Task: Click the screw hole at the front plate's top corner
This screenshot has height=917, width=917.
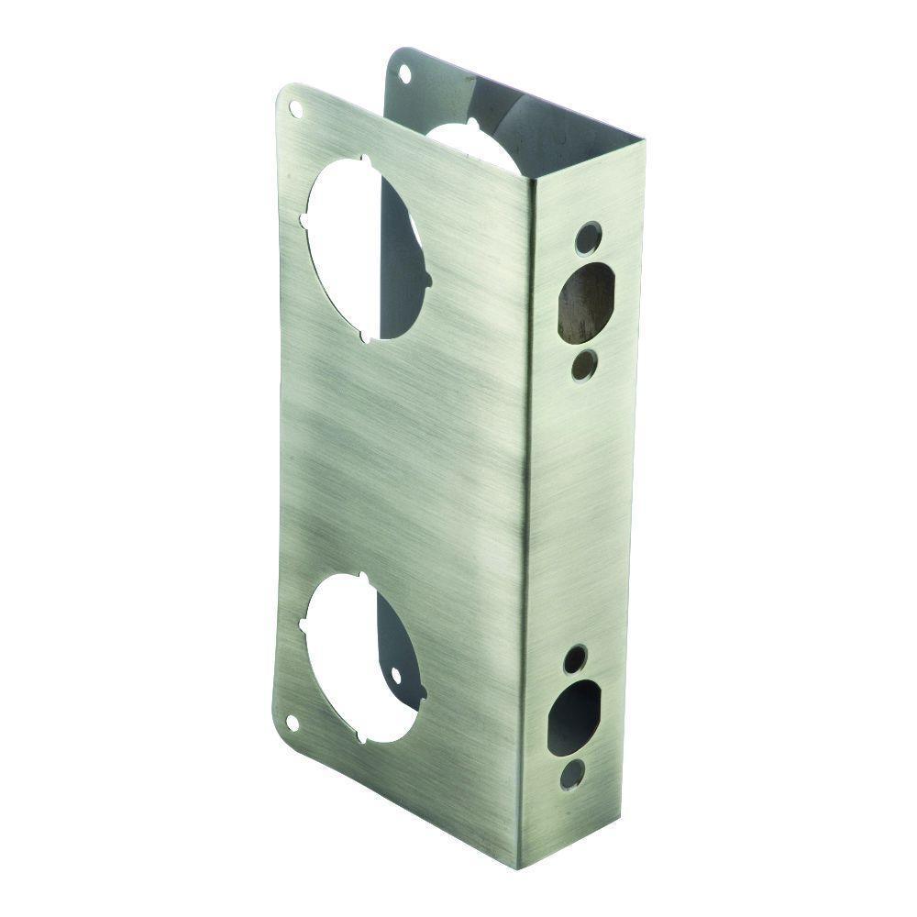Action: coord(295,109)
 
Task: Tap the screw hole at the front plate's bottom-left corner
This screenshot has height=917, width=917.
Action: coord(293,723)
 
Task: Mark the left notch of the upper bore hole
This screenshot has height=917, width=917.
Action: coord(304,221)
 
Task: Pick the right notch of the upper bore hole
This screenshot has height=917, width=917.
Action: coord(427,278)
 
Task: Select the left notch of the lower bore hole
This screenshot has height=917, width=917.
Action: coord(304,627)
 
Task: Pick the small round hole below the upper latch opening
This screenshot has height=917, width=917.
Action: coord(580,367)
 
